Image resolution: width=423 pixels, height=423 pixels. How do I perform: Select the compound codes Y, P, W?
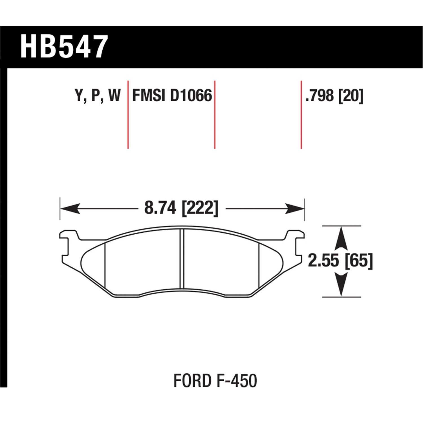click(98, 95)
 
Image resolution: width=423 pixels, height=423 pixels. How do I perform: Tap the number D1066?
click(191, 95)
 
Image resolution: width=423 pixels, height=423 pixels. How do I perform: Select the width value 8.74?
click(160, 208)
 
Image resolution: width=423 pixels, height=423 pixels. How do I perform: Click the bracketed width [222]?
click(200, 208)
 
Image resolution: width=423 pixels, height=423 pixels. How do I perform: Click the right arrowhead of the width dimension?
click(295, 209)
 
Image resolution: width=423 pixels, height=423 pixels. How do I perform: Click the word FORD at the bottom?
click(192, 380)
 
